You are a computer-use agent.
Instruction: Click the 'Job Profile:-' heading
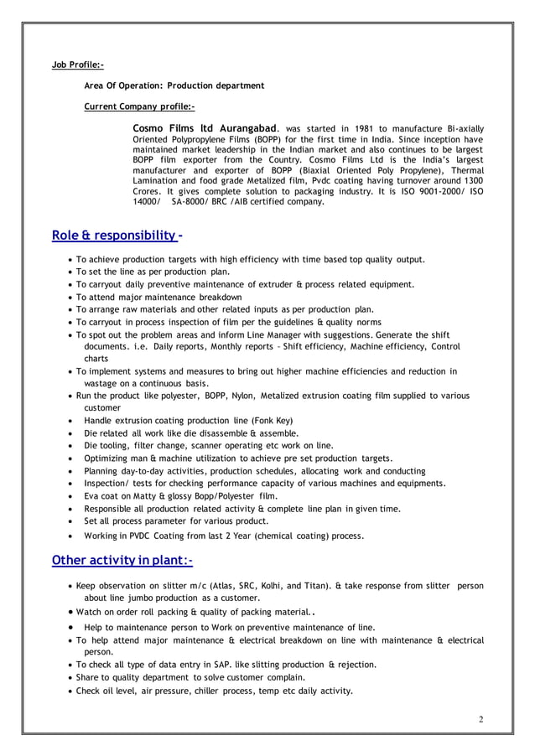(x=78, y=64)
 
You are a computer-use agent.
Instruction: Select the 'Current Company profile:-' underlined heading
(x=140, y=107)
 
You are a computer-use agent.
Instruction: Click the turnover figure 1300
(x=473, y=180)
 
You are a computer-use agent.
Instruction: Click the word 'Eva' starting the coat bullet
(x=92, y=495)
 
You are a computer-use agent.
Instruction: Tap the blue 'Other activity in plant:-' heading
(x=122, y=559)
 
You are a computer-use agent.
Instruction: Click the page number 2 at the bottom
(x=481, y=719)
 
